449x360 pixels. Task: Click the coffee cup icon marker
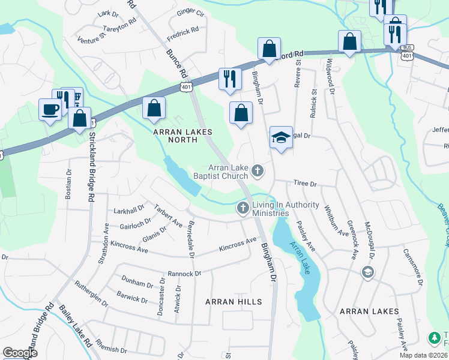(x=50, y=109)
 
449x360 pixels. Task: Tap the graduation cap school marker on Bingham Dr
(x=281, y=137)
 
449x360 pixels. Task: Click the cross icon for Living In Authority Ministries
(x=243, y=208)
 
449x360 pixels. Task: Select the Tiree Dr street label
(x=304, y=184)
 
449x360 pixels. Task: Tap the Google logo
(x=20, y=353)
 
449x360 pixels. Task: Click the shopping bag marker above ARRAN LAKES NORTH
(x=154, y=108)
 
